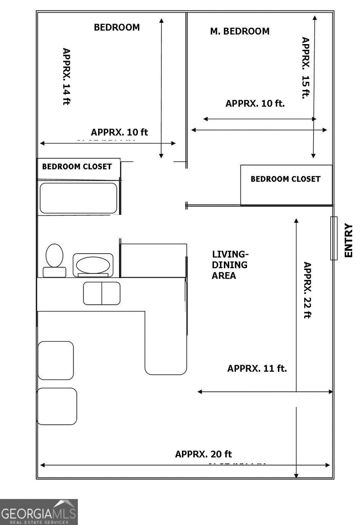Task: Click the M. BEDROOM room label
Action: (x=240, y=31)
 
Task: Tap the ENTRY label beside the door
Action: (x=349, y=241)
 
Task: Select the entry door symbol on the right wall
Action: (x=334, y=238)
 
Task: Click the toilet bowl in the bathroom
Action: (x=55, y=255)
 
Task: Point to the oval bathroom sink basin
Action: (x=93, y=265)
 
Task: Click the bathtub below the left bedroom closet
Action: (x=78, y=198)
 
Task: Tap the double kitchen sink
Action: (x=102, y=293)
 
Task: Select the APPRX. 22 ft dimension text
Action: (x=308, y=290)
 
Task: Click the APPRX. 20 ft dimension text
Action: (x=203, y=454)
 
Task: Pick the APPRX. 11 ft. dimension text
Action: (x=257, y=368)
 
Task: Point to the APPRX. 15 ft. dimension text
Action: (x=305, y=68)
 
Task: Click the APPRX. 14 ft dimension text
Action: (x=66, y=76)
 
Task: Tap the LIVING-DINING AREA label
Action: (x=230, y=265)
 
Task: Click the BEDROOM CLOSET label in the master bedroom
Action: (x=285, y=179)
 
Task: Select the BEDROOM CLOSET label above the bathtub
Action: (x=77, y=166)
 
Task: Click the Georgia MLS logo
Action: (x=39, y=512)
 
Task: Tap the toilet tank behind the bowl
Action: (x=55, y=272)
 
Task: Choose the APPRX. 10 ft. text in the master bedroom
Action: (x=255, y=104)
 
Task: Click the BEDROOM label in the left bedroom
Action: (x=117, y=28)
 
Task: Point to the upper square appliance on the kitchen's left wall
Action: (x=56, y=360)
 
